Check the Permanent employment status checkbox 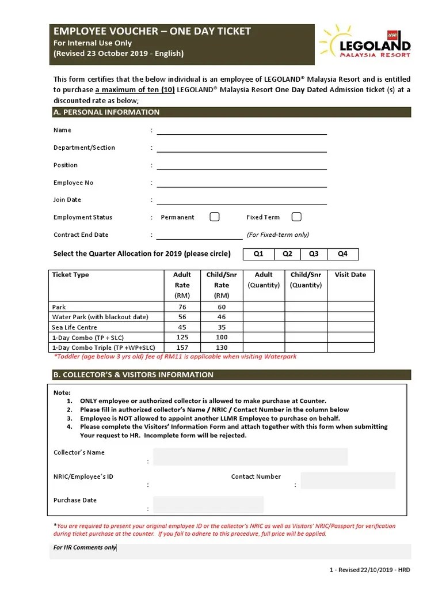[x=214, y=217]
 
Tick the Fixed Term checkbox [x=296, y=217]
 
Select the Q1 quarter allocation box [x=258, y=254]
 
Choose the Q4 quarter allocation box [x=342, y=254]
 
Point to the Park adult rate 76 [x=182, y=307]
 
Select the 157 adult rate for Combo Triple [x=182, y=347]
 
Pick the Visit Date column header [x=350, y=275]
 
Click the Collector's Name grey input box [x=250, y=456]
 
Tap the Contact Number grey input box [x=348, y=481]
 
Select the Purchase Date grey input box [x=208, y=505]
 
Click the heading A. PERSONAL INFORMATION [x=106, y=112]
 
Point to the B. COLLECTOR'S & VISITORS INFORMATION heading [x=134, y=375]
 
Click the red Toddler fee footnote [x=175, y=357]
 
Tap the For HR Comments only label [x=85, y=547]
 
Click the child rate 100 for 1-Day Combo [x=222, y=337]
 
